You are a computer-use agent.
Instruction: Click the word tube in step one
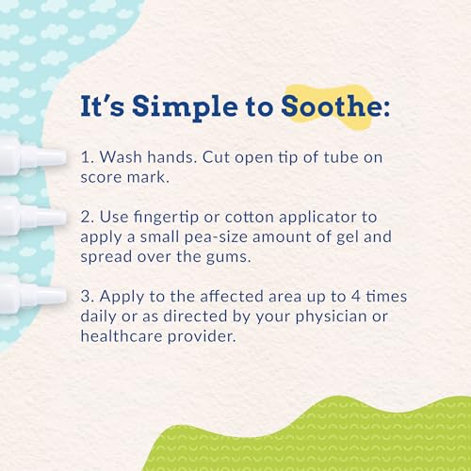334,156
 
